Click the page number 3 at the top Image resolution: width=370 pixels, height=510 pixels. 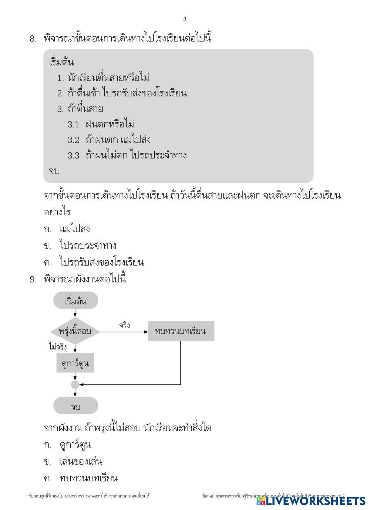pyautogui.click(x=185, y=19)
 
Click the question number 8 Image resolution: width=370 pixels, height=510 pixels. pyautogui.click(x=33, y=38)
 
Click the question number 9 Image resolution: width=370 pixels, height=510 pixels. pyautogui.click(x=33, y=279)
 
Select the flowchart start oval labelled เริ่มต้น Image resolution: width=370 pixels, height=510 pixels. pyautogui.click(x=75, y=301)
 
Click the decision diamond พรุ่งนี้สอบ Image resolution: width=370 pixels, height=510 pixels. pyautogui.click(x=75, y=331)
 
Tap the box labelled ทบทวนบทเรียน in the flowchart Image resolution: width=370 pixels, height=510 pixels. pyautogui.click(x=181, y=331)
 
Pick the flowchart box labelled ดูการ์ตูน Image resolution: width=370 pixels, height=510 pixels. pyautogui.click(x=75, y=363)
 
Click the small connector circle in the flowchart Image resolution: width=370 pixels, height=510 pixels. pyautogui.click(x=75, y=385)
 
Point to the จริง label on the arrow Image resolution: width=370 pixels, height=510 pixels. pyautogui.click(x=124, y=325)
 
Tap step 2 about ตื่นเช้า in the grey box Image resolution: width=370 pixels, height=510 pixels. pyautogui.click(x=122, y=93)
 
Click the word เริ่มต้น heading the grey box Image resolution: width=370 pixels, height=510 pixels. pyautogui.click(x=61, y=62)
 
